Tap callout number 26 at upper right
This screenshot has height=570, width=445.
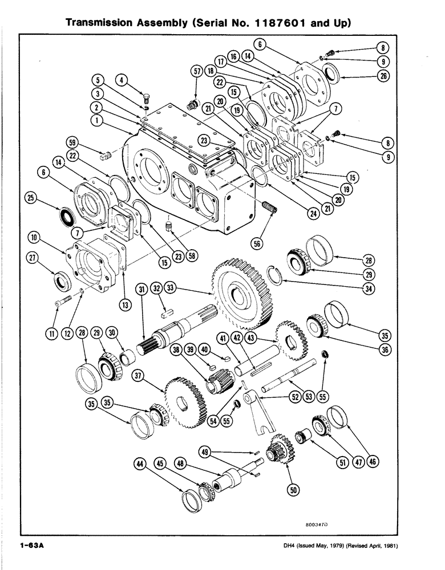383,78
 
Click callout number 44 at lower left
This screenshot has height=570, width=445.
139,465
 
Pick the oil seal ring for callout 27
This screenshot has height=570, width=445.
61,281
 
